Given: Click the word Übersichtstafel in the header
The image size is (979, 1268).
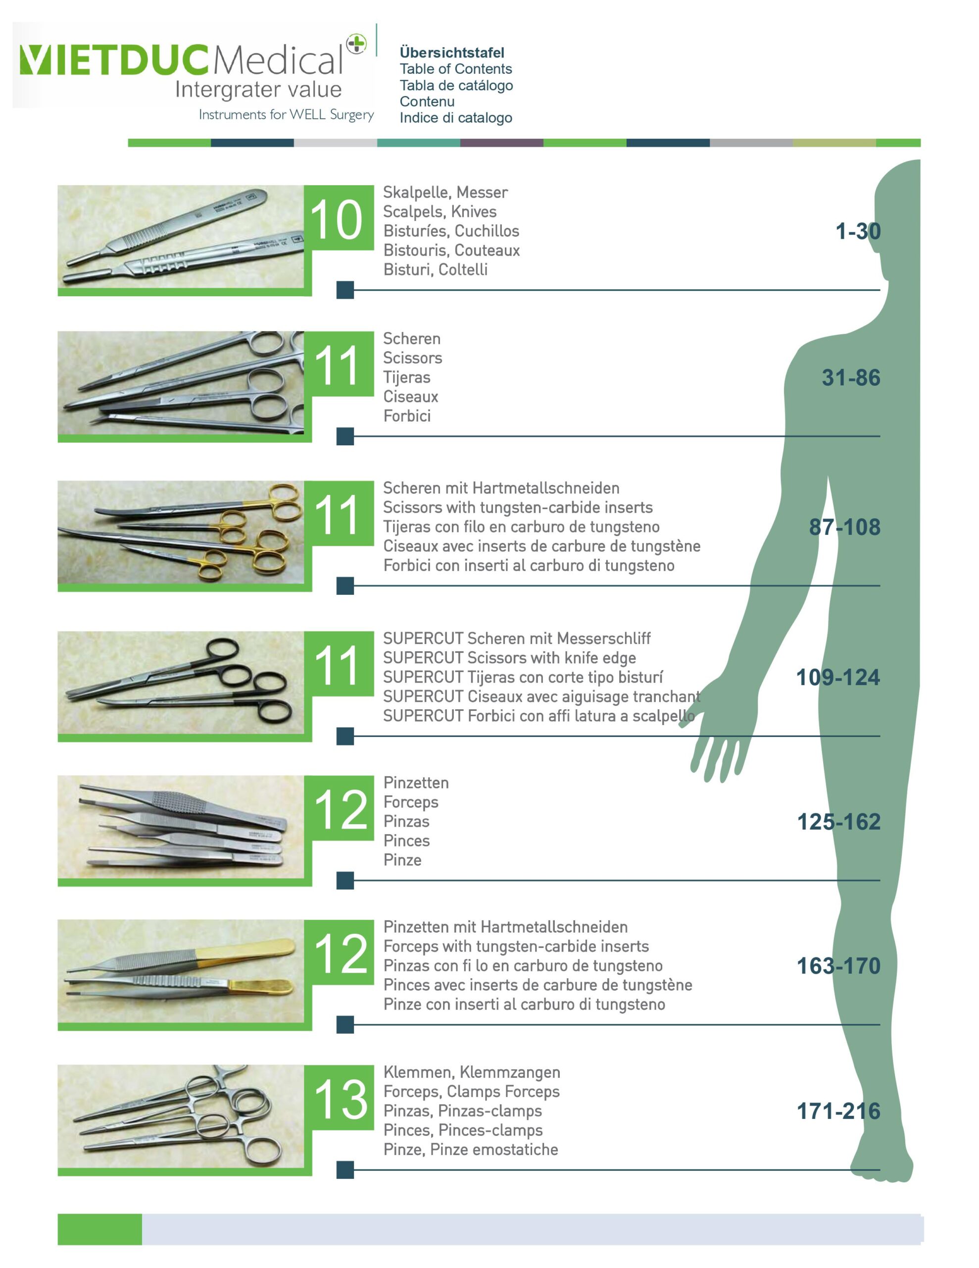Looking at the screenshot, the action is (x=452, y=53).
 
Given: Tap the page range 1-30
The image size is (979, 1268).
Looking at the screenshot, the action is (x=858, y=231).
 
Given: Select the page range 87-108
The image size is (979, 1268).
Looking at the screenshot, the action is (x=844, y=527).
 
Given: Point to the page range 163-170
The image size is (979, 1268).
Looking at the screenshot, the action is (x=838, y=966).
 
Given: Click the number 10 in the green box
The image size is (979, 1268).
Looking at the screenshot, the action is (x=337, y=219).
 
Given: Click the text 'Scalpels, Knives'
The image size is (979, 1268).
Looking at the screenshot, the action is (x=440, y=211).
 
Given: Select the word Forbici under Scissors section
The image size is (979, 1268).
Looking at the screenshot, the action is (x=407, y=416).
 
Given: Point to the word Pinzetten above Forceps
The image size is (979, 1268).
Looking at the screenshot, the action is (x=416, y=783).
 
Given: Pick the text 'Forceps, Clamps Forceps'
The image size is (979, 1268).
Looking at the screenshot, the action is (x=471, y=1092).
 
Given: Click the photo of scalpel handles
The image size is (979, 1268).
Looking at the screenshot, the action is (x=181, y=237).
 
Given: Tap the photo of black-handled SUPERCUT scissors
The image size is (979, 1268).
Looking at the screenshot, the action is (x=181, y=683).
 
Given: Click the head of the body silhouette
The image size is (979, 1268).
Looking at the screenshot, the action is (x=898, y=232).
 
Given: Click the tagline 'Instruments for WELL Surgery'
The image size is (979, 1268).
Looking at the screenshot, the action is (x=286, y=114).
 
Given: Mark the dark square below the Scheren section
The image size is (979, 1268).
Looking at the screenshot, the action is (x=345, y=436).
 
